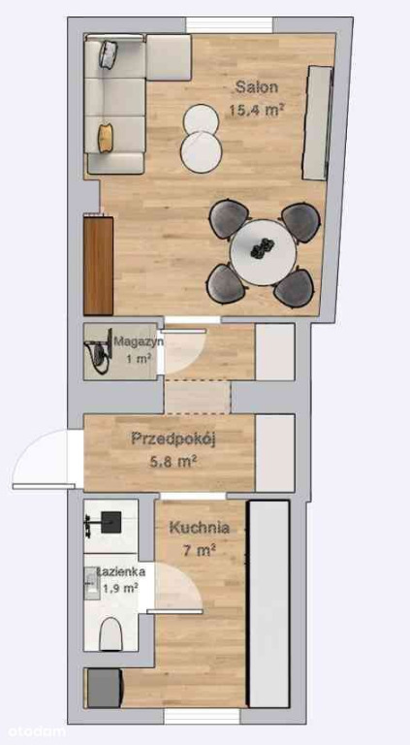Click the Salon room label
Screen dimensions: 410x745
coord(257,87)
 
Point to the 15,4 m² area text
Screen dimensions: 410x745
coord(257,111)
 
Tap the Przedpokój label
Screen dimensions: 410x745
coord(173,439)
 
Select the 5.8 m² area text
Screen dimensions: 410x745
coord(173,461)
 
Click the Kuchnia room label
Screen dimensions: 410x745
coord(200,528)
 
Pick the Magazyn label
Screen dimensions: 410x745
coord(139,341)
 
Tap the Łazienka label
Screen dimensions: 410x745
coord(120,571)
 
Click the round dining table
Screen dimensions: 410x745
coord(263,252)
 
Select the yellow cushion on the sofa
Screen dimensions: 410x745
coord(106,138)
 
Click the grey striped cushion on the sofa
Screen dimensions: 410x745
coord(109,54)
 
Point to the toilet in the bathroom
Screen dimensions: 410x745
coord(112,634)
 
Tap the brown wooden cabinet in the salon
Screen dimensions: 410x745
coord(99,266)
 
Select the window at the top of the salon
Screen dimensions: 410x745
coord(229,25)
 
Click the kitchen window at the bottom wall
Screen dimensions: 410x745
coord(203,716)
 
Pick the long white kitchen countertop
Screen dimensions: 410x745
coord(268,603)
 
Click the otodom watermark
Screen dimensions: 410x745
coord(33,731)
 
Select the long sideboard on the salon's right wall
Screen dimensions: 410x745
coord(318,123)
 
